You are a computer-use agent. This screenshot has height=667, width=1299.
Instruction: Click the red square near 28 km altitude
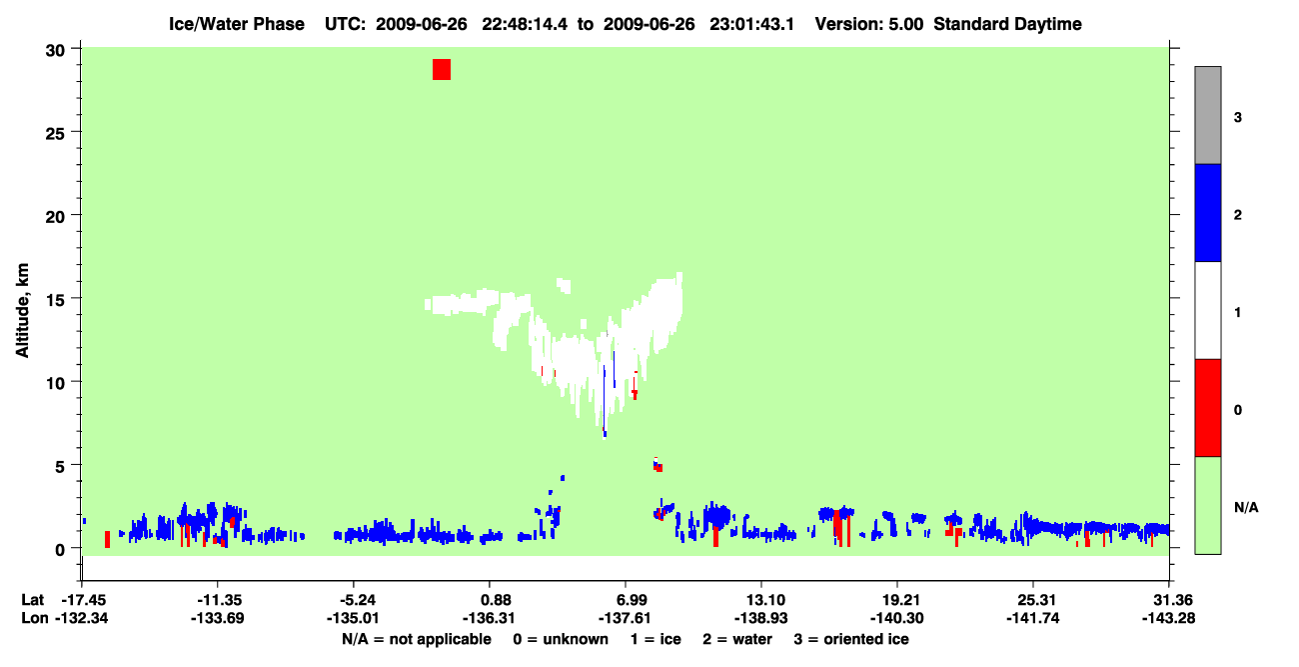pyautogui.click(x=442, y=69)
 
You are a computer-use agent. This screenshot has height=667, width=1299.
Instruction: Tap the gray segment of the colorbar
pyautogui.click(x=1207, y=115)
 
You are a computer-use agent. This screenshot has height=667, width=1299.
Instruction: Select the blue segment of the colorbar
pyautogui.click(x=1207, y=212)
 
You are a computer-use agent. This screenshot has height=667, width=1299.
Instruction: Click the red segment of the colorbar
pyautogui.click(x=1207, y=408)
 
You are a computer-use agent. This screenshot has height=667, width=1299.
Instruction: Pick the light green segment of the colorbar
pyautogui.click(x=1207, y=505)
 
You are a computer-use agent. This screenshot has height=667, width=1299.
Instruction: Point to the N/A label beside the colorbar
pyautogui.click(x=1246, y=507)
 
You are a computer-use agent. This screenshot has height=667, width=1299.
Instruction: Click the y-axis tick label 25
pyautogui.click(x=55, y=133)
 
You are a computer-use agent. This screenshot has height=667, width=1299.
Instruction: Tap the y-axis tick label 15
pyautogui.click(x=55, y=300)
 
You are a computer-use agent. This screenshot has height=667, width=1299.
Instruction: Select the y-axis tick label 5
pyautogui.click(x=60, y=466)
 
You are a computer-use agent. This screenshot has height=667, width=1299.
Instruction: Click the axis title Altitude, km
pyautogui.click(x=22, y=311)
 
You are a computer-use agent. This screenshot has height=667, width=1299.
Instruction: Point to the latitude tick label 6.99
pyautogui.click(x=626, y=600)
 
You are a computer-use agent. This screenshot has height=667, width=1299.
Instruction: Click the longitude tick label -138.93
pyautogui.click(x=760, y=618)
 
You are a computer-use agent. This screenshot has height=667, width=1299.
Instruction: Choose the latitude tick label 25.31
pyautogui.click(x=1033, y=600)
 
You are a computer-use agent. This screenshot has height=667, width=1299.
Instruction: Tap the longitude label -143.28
pyautogui.click(x=1168, y=618)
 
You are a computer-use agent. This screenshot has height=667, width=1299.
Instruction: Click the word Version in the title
pyautogui.click(x=841, y=24)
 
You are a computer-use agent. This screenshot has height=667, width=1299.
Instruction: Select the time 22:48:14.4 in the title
pyautogui.click(x=525, y=24)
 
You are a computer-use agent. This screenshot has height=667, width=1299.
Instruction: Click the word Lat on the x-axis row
pyautogui.click(x=32, y=600)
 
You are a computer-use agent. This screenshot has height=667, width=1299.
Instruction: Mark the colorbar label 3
pyautogui.click(x=1238, y=117)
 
